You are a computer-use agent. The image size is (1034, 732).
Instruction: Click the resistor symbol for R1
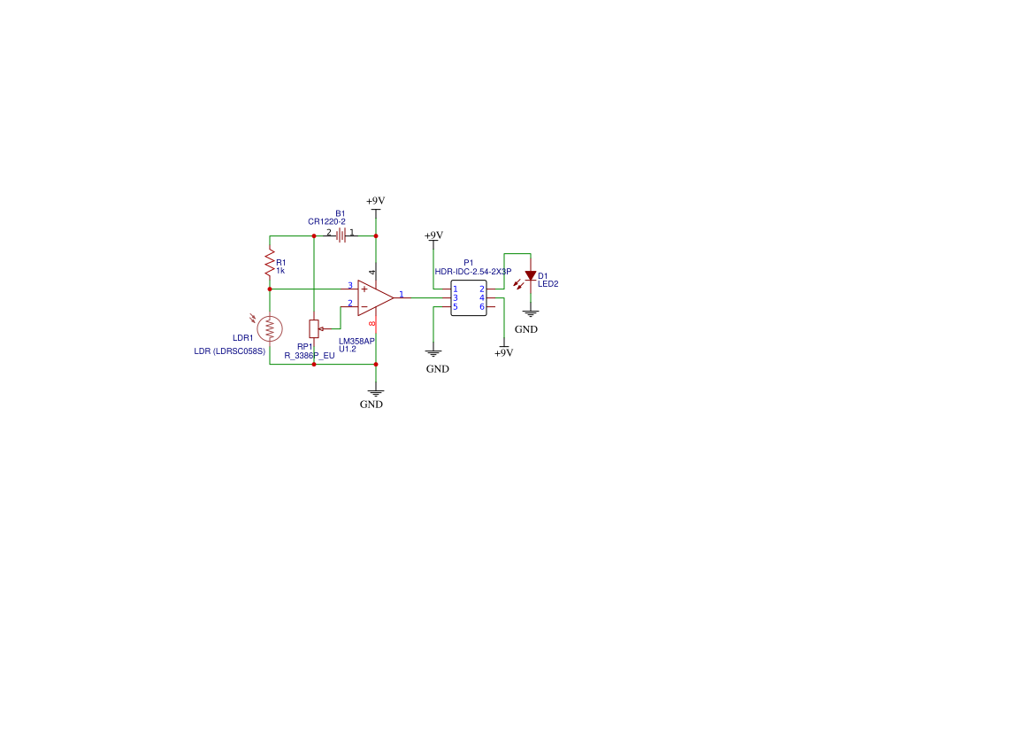270,262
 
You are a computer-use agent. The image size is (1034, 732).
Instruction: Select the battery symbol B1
341,235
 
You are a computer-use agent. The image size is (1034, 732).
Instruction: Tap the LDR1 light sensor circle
270,327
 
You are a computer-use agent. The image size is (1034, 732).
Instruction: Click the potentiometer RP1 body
314,328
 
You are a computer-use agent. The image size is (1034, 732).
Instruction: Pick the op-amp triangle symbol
374,297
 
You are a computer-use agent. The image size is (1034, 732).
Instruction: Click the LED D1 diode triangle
531,276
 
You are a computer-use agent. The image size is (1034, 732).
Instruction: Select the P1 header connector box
468,297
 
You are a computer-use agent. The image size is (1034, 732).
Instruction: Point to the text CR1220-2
326,221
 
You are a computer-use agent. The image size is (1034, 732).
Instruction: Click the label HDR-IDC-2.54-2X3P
472,272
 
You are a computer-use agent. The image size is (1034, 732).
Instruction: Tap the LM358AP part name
356,340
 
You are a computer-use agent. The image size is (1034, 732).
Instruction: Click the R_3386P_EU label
310,355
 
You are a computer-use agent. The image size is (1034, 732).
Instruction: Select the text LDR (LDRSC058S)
230,351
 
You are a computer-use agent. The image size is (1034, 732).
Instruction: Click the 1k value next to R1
280,271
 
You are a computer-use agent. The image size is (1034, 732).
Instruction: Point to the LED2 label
548,284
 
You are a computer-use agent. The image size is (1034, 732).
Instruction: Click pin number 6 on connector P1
481,306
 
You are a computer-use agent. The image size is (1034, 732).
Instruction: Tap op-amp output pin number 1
401,293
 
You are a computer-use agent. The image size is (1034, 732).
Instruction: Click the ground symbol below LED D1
531,312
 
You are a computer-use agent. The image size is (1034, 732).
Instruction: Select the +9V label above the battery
376,202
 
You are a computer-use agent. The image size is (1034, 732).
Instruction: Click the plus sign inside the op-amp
364,289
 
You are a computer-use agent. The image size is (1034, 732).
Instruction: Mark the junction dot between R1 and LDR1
270,289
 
